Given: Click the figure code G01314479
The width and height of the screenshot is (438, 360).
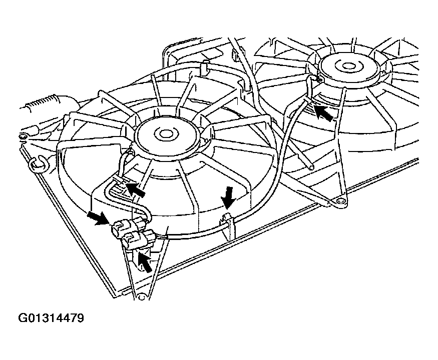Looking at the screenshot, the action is click(x=51, y=318).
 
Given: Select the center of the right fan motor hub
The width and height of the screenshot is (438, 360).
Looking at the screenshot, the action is click(x=348, y=66).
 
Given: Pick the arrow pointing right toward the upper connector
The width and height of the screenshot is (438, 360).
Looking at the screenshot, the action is click(x=98, y=217).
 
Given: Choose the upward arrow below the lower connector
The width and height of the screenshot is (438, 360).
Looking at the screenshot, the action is click(x=145, y=261).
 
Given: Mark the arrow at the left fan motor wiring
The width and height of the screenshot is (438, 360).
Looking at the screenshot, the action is click(x=135, y=189).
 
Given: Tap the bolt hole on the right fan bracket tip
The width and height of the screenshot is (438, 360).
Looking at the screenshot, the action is click(x=340, y=201).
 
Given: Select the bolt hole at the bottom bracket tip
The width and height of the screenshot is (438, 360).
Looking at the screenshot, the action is click(x=141, y=296).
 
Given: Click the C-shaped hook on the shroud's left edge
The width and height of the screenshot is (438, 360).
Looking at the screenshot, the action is click(x=38, y=164).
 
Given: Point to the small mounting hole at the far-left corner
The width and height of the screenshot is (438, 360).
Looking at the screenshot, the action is click(x=23, y=136).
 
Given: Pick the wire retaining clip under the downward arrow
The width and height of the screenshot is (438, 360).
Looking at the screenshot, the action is click(x=228, y=225).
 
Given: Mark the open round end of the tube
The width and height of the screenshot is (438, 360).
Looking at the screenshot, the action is click(x=311, y=167).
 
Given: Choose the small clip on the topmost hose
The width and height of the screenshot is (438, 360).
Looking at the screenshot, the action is click(x=235, y=54).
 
